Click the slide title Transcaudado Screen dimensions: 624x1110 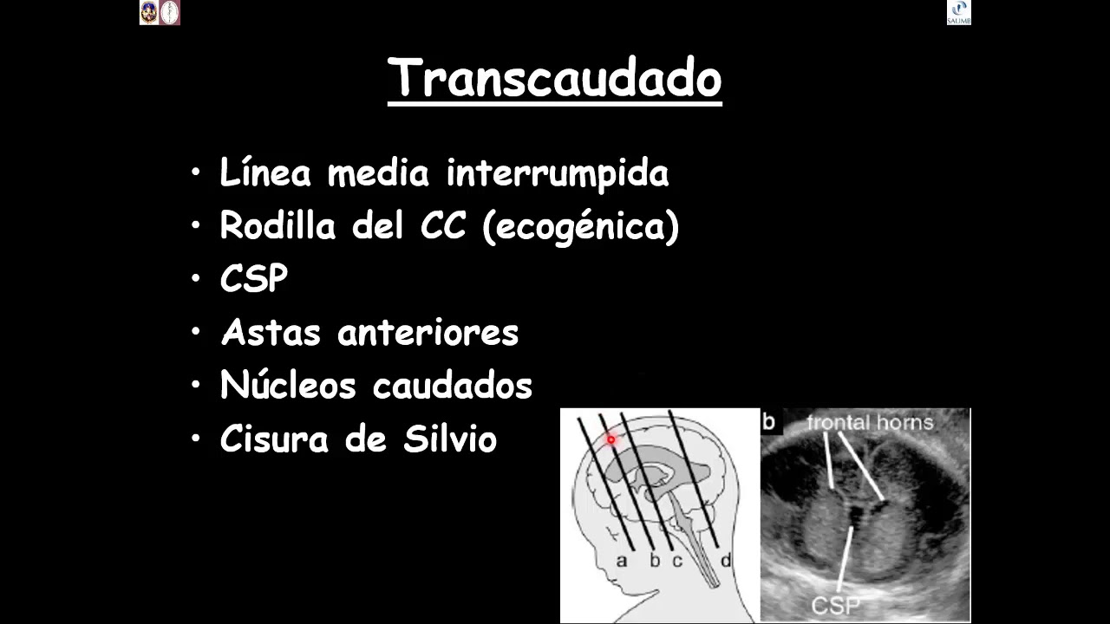pos(555,79)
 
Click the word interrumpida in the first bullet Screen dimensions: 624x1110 pos(557,173)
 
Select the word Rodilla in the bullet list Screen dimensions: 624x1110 pos(277,226)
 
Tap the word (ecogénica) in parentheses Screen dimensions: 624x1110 pos(580,228)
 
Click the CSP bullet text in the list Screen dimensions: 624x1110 pos(253,279)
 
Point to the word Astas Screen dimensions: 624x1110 pos(271,332)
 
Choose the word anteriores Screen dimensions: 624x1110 pos(428,332)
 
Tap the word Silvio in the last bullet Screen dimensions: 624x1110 pos(450,439)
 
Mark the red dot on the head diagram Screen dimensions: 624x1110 pos(610,439)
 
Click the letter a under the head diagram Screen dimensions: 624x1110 pos(621,561)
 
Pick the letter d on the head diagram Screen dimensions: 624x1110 pos(726,561)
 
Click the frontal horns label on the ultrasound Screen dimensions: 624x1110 pos(869,423)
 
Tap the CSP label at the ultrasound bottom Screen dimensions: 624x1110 pos(832,603)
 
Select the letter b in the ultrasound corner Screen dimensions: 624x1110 pos(768,422)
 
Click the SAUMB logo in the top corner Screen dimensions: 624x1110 pos(958,12)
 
